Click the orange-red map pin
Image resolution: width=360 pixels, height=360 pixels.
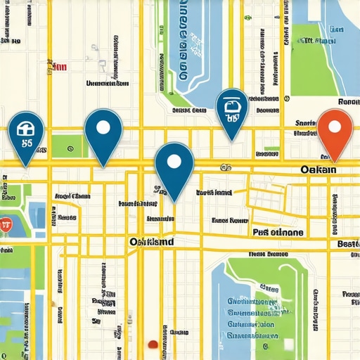coord(333,129)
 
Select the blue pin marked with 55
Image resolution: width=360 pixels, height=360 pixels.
coord(26,134)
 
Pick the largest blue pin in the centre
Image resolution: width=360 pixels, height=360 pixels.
coord(174,163)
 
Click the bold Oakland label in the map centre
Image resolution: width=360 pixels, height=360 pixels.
coord(152,241)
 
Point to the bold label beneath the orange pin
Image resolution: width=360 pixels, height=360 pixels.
coord(318,169)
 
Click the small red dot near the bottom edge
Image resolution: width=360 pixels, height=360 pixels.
coord(152,345)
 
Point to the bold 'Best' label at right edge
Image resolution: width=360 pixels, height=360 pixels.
coord(348,244)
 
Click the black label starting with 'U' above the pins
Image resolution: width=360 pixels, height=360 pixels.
coord(107,83)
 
